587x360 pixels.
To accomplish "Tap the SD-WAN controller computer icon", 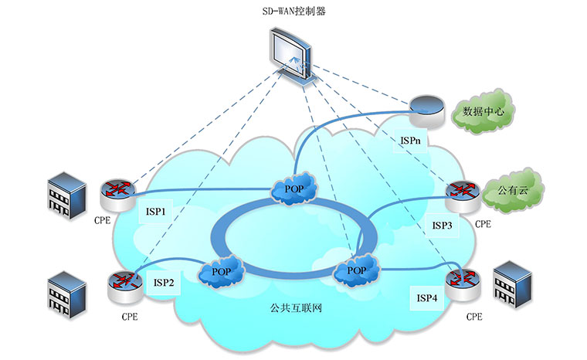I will click(292, 56).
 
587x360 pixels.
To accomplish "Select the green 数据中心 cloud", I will click(483, 112).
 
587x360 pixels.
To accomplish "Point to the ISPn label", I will click(410, 141).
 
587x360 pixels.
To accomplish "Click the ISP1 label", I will click(155, 211).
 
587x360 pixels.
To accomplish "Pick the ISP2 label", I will click(165, 283).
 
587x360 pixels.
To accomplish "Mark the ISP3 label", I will click(442, 226).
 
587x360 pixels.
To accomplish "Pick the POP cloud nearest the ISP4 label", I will click(356, 270).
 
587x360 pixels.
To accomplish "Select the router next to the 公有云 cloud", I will click(463, 196).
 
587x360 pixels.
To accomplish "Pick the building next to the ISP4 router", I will click(514, 284).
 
